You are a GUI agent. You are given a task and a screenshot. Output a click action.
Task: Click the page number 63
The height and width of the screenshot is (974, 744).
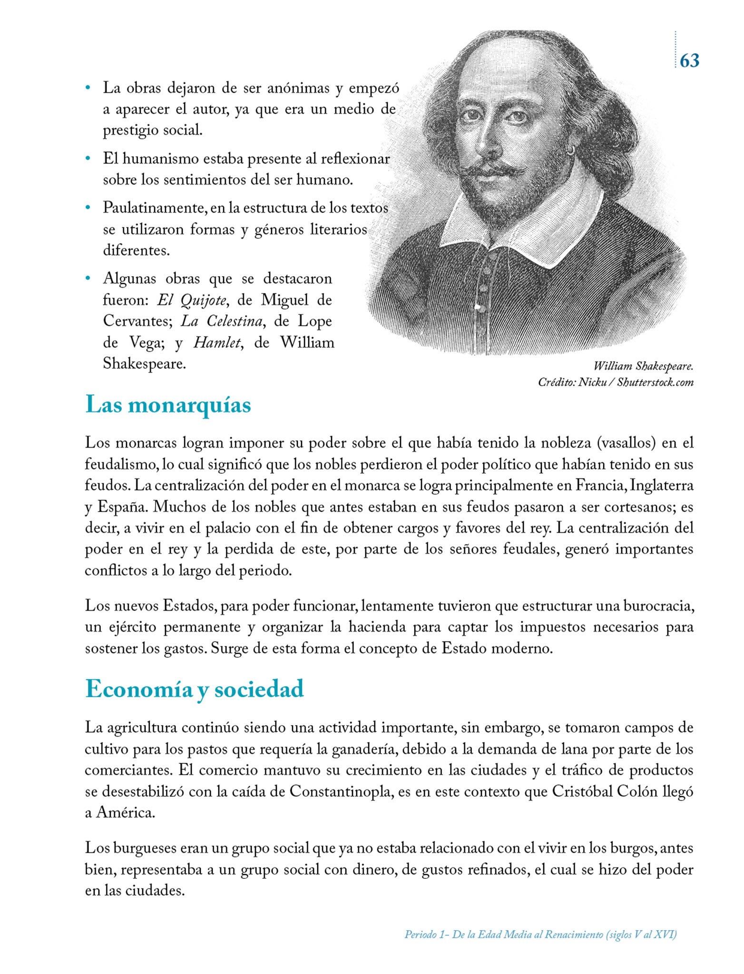click(x=689, y=61)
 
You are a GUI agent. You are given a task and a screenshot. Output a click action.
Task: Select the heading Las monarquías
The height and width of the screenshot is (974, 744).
click(x=168, y=405)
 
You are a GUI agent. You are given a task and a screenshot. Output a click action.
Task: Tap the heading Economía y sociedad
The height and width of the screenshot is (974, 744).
click(x=194, y=689)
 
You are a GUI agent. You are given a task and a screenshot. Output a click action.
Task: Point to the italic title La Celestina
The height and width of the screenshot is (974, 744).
click(x=222, y=322)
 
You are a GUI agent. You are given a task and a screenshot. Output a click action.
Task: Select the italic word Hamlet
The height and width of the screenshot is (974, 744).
click(x=217, y=343)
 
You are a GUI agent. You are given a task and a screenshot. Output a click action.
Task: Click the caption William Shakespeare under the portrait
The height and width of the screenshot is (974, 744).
click(x=643, y=366)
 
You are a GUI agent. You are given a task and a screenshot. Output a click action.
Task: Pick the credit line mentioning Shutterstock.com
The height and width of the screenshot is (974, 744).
click(x=616, y=382)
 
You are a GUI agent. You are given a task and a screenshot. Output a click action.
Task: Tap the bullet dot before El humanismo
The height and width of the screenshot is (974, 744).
click(x=88, y=158)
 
